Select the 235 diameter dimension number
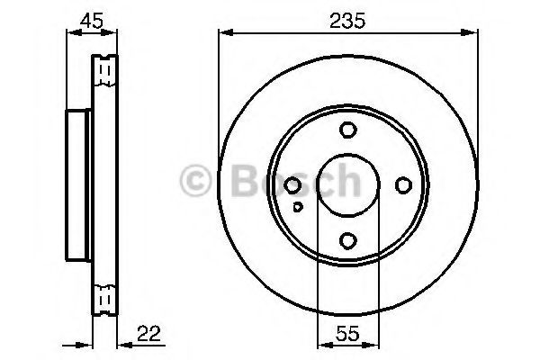(x=347, y=17)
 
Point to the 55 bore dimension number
(x=347, y=333)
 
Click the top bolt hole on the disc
(x=348, y=130)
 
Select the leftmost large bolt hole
(x=292, y=185)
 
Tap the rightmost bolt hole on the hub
(x=402, y=185)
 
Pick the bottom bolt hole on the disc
(x=348, y=240)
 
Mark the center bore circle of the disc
(x=347, y=185)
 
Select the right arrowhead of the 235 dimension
(x=473, y=33)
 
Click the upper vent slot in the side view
(x=104, y=67)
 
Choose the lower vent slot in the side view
(x=104, y=296)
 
